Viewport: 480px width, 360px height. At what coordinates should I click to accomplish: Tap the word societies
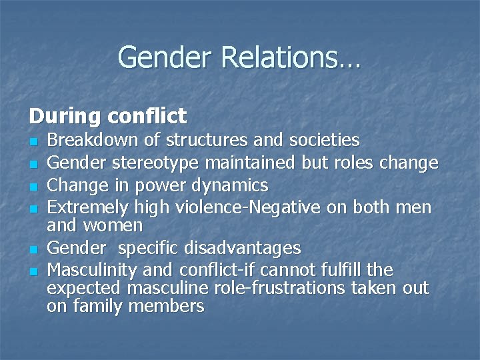[325, 140]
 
